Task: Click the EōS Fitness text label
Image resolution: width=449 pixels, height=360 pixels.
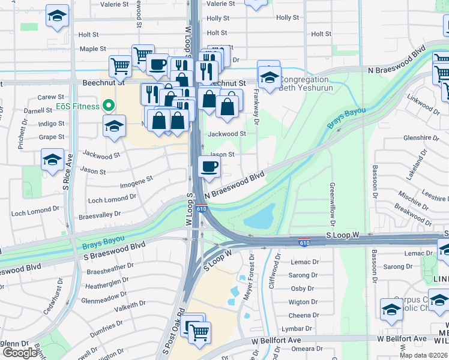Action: tap(79, 106)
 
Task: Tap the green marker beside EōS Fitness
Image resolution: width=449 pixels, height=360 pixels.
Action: tap(109, 106)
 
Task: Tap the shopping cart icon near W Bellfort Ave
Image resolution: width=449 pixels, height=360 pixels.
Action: tap(199, 331)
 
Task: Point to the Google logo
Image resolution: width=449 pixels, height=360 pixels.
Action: tap(20, 353)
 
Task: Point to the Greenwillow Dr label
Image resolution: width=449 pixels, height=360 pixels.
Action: tap(331, 201)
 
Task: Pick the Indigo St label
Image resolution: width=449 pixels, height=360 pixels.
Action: tap(52, 124)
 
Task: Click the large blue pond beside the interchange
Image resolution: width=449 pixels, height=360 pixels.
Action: tap(259, 217)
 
